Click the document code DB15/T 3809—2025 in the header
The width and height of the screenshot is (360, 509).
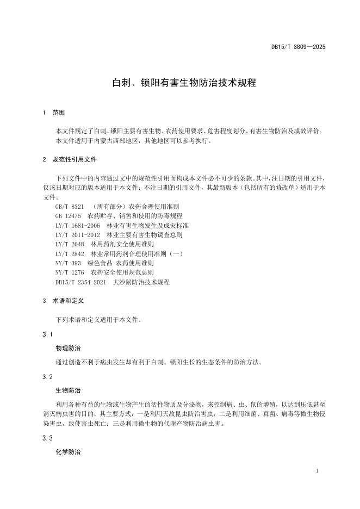299,47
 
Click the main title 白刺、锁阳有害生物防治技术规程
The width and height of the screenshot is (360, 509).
180,83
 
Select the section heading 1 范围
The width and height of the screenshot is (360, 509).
54,113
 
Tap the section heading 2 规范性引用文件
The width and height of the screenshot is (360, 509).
70,160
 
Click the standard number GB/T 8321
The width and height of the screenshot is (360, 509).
70,207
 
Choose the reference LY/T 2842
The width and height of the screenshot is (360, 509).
70,254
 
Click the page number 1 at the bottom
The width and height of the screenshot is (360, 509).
316,470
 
